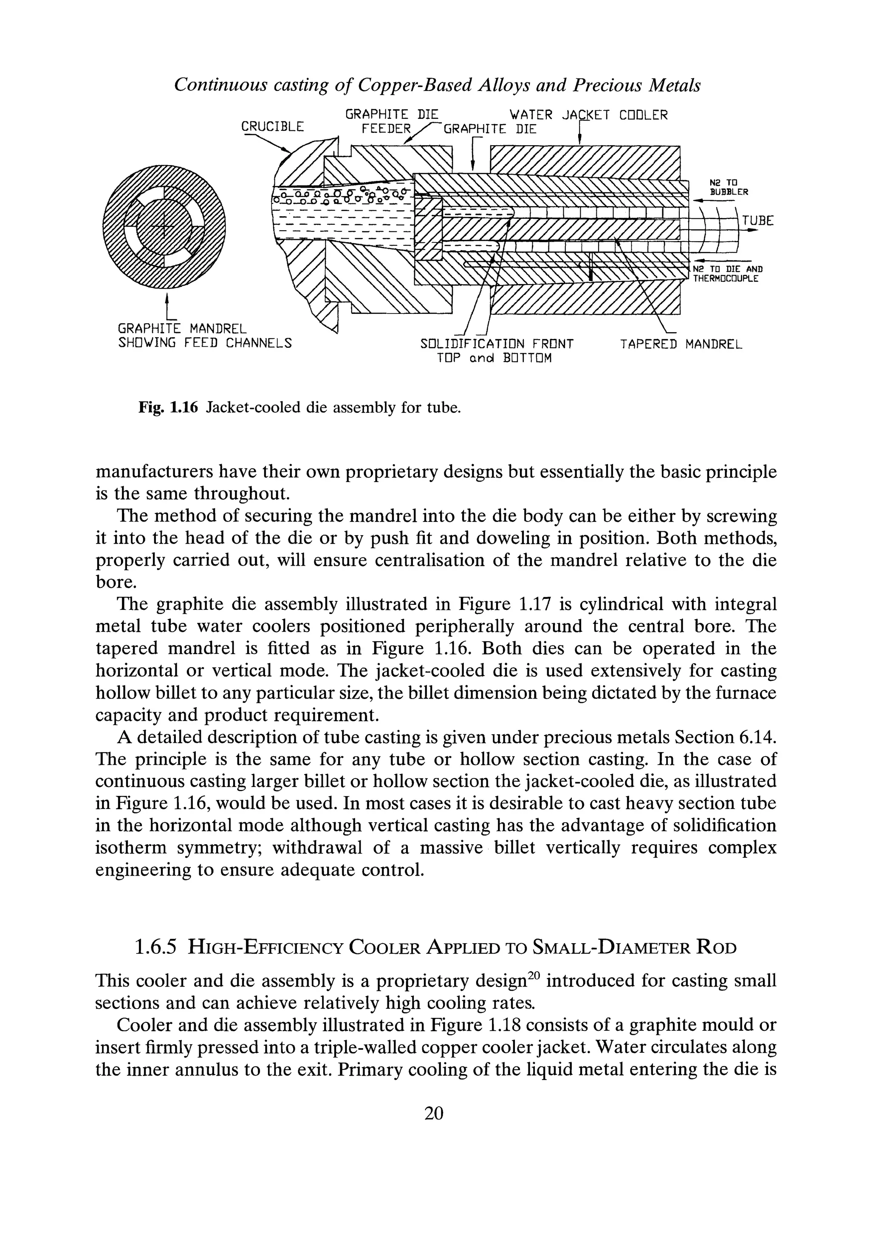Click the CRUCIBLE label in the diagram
pos(272,126)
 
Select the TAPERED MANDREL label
pos(681,344)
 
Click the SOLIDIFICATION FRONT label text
pos(497,344)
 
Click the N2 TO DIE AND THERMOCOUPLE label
pos(726,273)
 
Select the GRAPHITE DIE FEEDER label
pos(391,122)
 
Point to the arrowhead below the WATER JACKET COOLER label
pos(579,139)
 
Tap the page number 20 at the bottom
pos(434,1113)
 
